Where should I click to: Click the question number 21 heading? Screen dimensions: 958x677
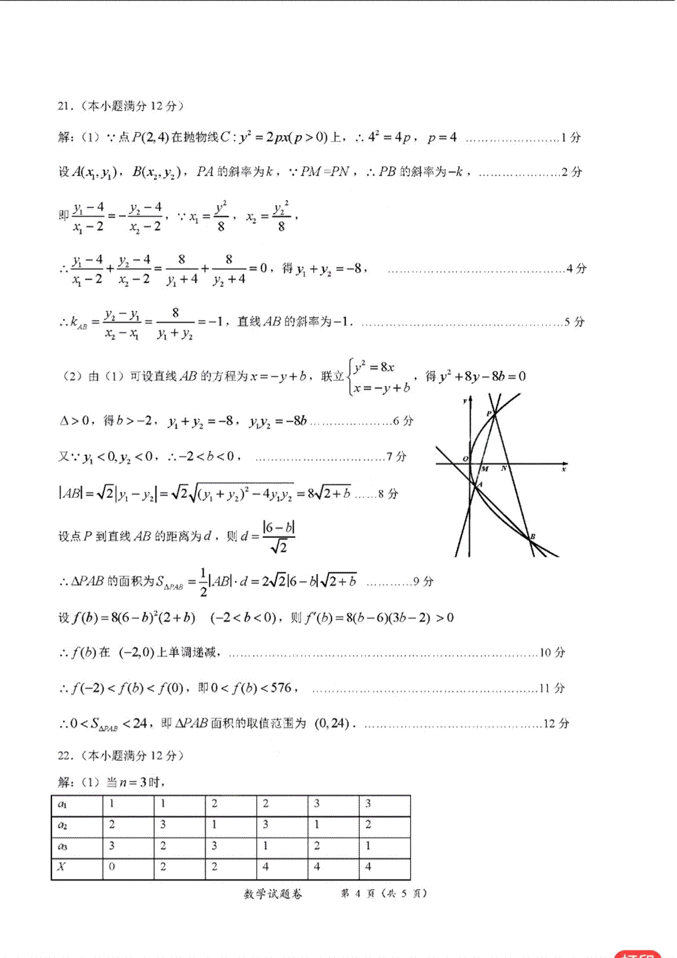pos(63,106)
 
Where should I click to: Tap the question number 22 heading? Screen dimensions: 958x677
pos(63,755)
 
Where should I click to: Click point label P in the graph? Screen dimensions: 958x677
pos(489,414)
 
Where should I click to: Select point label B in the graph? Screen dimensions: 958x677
pos(533,536)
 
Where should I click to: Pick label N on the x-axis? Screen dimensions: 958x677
pos(504,469)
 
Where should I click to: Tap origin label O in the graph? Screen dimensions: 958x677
pos(465,458)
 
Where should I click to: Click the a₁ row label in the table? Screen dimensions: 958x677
pos(62,804)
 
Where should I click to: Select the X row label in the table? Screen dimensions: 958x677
pos(61,867)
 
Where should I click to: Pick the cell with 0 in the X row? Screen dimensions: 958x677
pos(112,867)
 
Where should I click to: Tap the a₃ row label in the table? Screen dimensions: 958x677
pos(63,846)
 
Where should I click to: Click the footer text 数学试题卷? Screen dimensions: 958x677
pos(272,894)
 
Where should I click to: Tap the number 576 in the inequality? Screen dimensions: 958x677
pos(281,688)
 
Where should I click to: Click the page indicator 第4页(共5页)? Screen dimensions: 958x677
pos(384,894)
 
